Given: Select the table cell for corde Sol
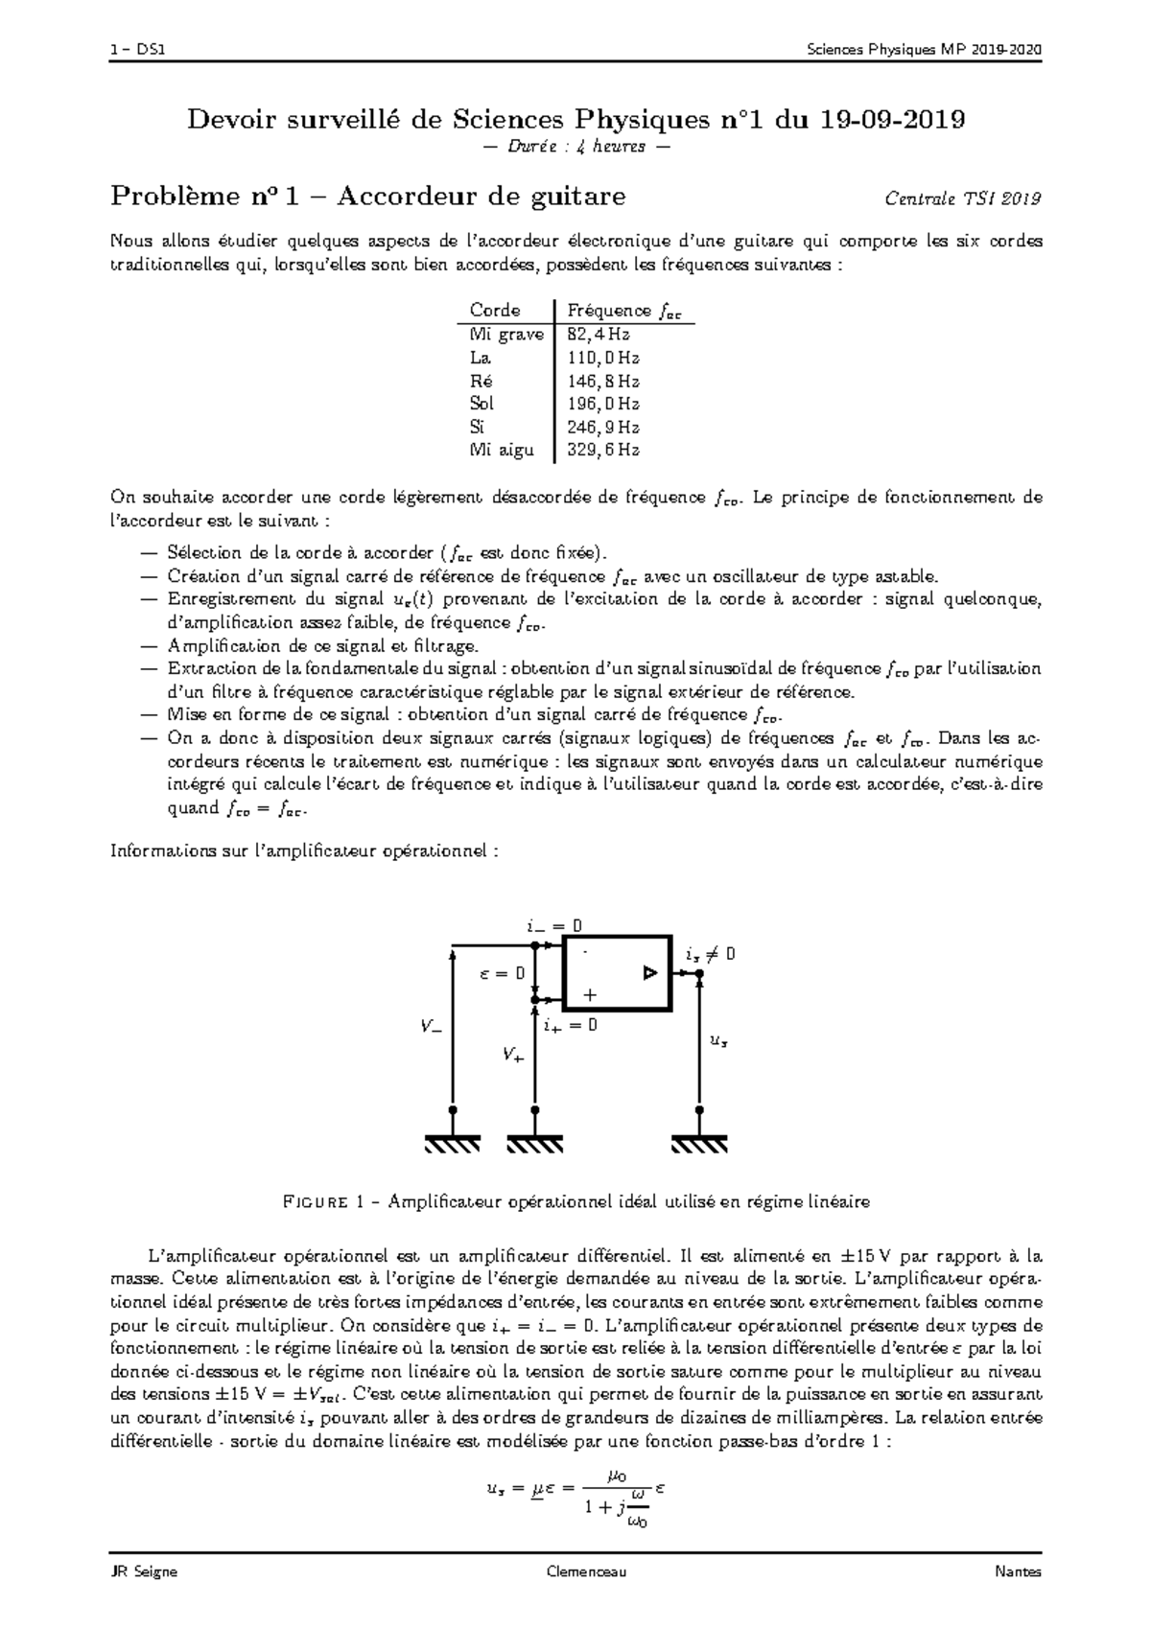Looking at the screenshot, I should [482, 404].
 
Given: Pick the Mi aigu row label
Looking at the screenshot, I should [501, 450].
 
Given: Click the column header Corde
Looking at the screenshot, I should [495, 311].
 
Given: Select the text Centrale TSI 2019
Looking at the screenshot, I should [962, 198].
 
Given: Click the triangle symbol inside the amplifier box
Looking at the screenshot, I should [650, 973].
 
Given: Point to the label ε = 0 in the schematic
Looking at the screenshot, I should [502, 973].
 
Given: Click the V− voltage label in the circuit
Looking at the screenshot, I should [431, 1026].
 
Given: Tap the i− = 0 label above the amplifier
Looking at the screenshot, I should [554, 926].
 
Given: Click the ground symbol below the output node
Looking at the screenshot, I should [699, 1143].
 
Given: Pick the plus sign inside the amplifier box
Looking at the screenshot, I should [590, 995].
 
